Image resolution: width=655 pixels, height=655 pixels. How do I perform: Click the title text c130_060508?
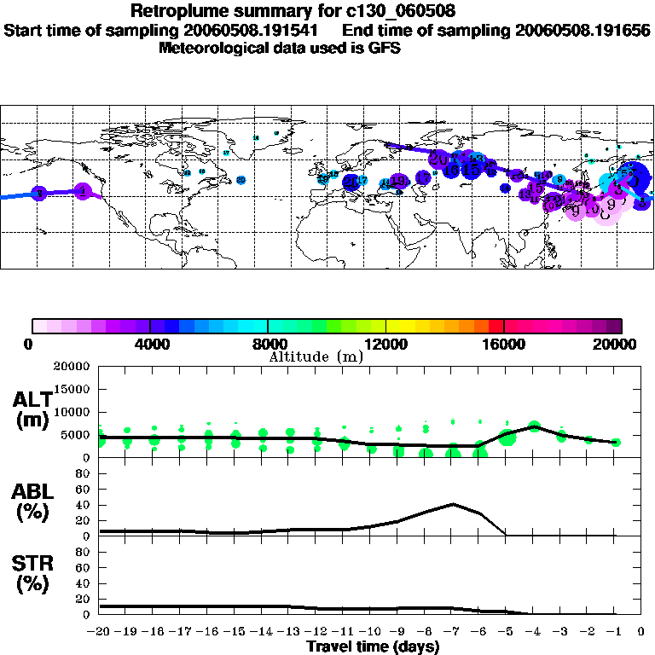coord(387,12)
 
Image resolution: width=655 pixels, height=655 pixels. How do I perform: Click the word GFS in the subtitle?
coord(385,49)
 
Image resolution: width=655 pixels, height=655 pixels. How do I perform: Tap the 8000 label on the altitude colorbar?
coord(268,344)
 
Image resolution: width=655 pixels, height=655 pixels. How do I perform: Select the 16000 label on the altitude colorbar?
coord(505,344)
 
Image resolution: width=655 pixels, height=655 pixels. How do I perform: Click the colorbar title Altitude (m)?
coord(316,356)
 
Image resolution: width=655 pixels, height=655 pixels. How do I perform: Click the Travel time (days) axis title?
coord(373,646)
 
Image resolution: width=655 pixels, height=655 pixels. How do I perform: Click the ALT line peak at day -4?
coord(535,426)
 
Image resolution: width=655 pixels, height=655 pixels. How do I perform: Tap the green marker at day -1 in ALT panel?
coord(616,442)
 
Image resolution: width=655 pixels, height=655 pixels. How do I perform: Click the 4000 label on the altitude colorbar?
coord(150,344)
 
